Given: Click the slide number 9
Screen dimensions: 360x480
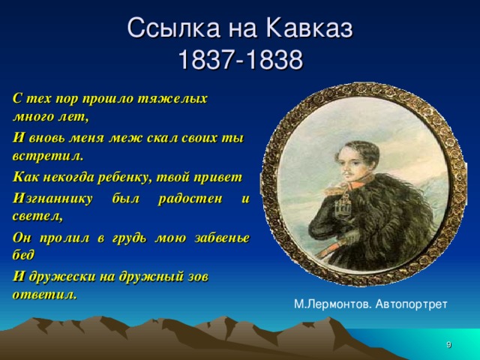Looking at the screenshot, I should pos(448,344).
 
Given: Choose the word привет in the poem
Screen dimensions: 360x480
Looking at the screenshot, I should pos(222,178).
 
